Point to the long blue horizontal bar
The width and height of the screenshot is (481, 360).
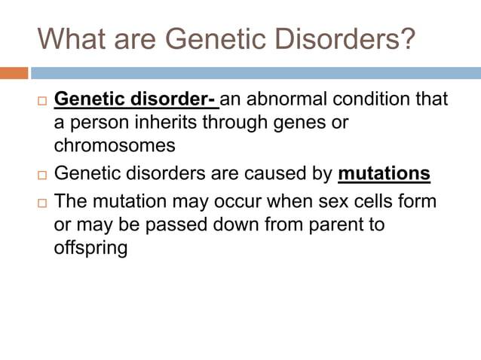point(256,73)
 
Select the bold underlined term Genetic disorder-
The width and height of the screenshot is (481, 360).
point(136,99)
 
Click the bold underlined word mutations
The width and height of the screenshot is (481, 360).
point(384,174)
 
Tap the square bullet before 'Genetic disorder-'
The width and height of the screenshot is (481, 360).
point(41,101)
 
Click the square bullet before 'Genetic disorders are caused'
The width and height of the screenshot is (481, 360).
point(41,175)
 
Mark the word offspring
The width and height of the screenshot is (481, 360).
point(90,247)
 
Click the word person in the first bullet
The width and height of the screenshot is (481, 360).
point(101,122)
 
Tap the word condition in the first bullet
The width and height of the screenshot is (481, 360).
point(389,99)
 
